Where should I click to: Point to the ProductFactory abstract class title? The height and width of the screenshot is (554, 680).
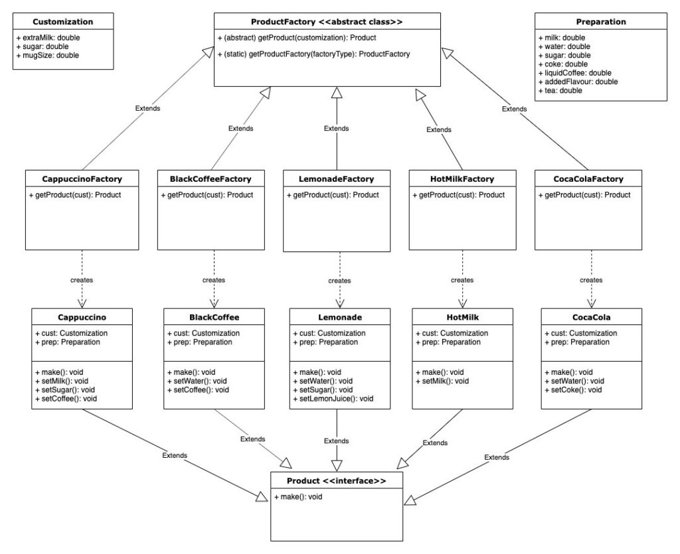click(x=327, y=22)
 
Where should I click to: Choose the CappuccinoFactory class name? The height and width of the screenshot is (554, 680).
click(x=82, y=178)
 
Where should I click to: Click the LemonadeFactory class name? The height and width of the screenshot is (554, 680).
click(x=337, y=178)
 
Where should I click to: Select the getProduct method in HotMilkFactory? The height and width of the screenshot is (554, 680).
click(x=459, y=195)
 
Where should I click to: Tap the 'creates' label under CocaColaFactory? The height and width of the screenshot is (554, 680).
click(x=590, y=280)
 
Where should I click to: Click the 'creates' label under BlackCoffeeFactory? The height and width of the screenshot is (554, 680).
click(x=213, y=280)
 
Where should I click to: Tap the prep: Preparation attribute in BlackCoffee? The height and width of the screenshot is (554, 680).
click(x=199, y=342)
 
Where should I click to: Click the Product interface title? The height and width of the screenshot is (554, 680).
click(x=337, y=480)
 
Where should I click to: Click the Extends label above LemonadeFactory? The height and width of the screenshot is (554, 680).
click(x=336, y=128)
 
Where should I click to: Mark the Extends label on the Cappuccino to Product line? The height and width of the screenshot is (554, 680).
click(x=174, y=455)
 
